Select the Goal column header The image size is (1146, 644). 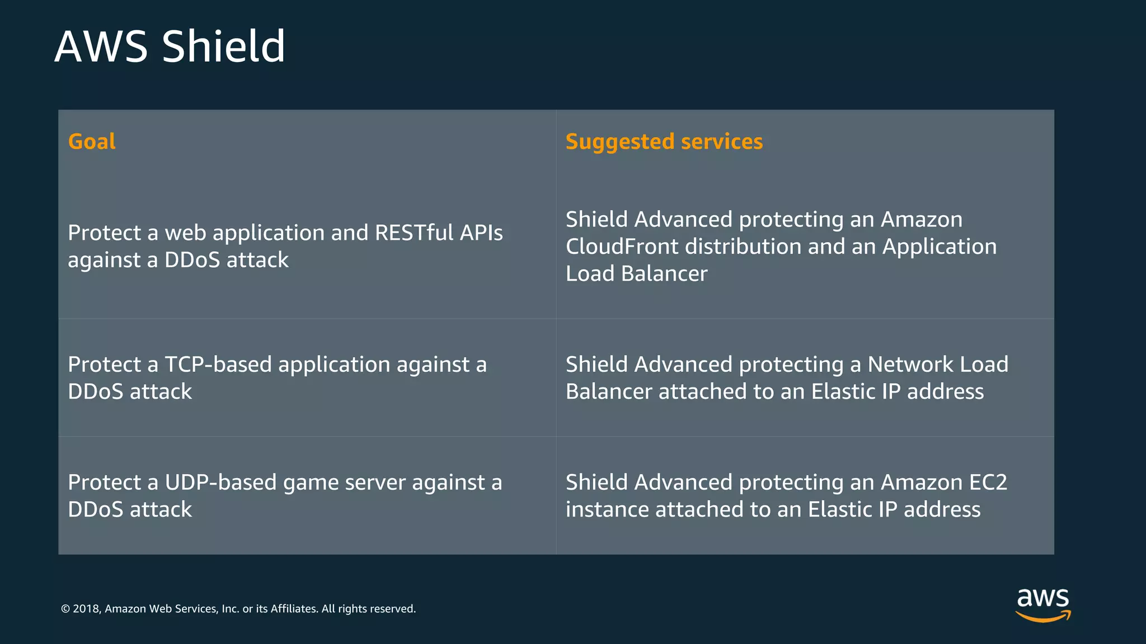pyautogui.click(x=92, y=141)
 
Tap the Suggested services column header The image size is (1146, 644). pyautogui.click(x=664, y=141)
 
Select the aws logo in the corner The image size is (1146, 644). pyautogui.click(x=1042, y=604)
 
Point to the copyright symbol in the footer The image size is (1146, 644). pyautogui.click(x=65, y=609)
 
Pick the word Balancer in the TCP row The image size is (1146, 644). pyautogui.click(x=608, y=392)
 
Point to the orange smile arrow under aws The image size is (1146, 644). pyautogui.click(x=1042, y=617)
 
